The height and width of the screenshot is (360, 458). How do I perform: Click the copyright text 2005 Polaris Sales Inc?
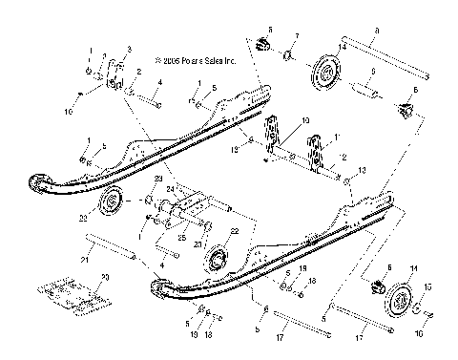click(x=184, y=59)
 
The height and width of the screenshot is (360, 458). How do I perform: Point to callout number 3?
click(x=130, y=50)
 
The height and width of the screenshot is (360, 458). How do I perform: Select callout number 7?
click(x=296, y=36)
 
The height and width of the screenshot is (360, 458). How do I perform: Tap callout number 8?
click(x=377, y=32)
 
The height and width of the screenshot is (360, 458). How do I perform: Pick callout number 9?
click(x=373, y=71)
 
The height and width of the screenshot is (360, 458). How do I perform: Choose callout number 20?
click(x=105, y=276)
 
